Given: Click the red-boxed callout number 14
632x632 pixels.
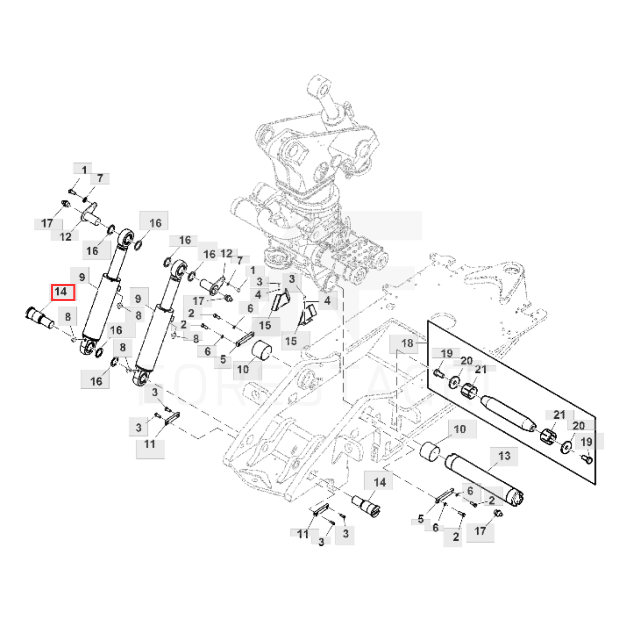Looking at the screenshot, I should pos(63,292).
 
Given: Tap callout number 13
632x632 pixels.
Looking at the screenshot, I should pos(504,456).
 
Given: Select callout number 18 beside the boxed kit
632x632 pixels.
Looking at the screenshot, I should pos(407,343).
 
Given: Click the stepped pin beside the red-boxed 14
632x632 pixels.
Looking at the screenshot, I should pos(40,317).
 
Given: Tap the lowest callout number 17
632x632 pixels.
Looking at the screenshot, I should pos(480,531).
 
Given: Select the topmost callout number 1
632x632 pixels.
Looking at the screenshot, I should pos(84,170).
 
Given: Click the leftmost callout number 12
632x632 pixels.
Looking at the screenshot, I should pos(65,237).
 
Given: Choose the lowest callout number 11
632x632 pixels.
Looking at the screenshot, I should pos(302,534).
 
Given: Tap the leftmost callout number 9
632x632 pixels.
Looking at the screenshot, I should pos(82,277).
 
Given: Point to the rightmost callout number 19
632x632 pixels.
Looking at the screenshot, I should pos(586,442).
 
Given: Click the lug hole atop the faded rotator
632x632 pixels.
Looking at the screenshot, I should pos(323,90).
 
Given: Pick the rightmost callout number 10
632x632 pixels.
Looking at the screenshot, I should pos(460,429).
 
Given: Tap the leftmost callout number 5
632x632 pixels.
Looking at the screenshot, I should pos(223,359).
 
